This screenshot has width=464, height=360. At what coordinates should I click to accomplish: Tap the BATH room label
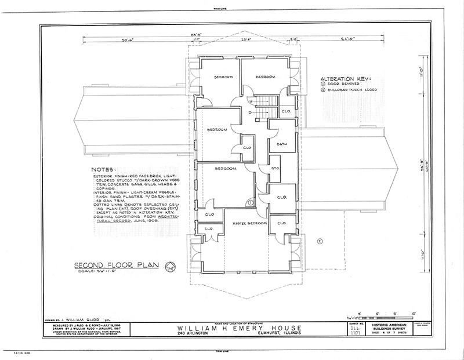click(282, 144)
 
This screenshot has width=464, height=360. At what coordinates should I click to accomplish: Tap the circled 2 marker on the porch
click(319, 240)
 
